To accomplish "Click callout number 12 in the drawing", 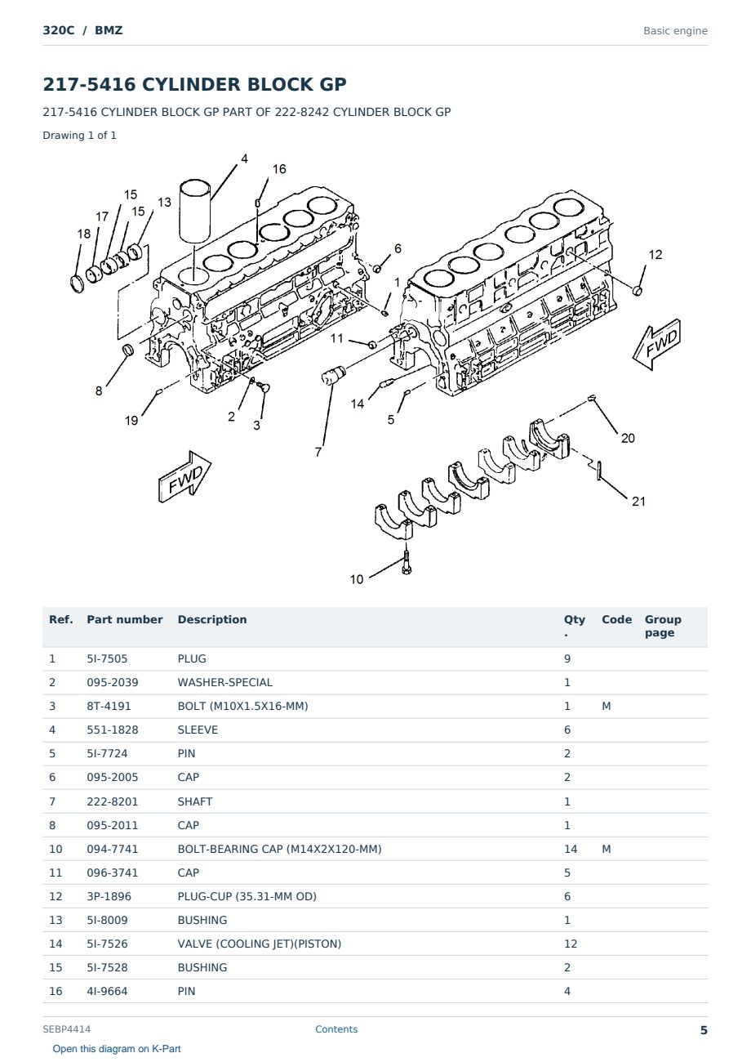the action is (x=655, y=255).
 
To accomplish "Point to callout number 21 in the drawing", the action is (x=638, y=502).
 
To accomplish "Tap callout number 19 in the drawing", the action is (x=131, y=421).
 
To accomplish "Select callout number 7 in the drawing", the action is (x=318, y=453).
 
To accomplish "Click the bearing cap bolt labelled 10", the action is (x=406, y=562).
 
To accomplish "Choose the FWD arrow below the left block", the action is (x=184, y=476).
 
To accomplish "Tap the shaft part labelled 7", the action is (x=333, y=376).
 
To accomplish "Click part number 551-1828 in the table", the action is (x=113, y=730).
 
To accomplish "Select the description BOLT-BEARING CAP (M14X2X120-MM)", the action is (x=279, y=849).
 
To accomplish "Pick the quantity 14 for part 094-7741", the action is (x=571, y=849).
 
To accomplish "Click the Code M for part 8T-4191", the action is (x=606, y=706).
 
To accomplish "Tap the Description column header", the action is (x=211, y=619).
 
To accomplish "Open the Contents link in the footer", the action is (x=336, y=1029).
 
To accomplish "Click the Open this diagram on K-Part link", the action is (x=117, y=1048).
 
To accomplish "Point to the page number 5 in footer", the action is (x=704, y=1030).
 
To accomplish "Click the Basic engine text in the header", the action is (x=675, y=31).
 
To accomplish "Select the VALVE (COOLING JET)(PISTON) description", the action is (x=260, y=944).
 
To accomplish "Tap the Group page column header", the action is (x=663, y=626).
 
